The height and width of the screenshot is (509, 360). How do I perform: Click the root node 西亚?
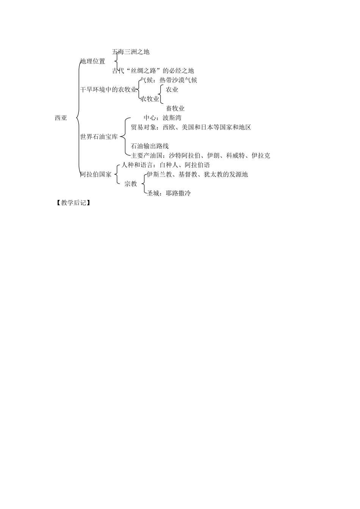point(61,118)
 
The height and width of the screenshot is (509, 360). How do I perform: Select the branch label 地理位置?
point(93,61)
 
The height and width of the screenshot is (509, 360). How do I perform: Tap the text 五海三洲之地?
point(131,52)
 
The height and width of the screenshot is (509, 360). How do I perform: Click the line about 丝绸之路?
point(153,71)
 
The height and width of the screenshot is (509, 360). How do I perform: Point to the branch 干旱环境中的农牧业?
point(108,89)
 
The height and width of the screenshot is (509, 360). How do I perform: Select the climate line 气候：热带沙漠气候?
point(169,80)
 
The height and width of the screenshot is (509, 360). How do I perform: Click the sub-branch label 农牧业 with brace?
point(150,99)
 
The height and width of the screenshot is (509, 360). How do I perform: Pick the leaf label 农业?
point(172,89)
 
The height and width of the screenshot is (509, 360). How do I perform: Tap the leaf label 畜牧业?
point(175,108)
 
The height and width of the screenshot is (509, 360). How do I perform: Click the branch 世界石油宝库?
point(99,137)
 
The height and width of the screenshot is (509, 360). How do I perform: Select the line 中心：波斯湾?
point(162,118)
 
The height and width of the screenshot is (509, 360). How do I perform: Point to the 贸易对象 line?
point(191,127)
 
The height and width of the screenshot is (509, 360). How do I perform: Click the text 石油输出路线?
point(150,146)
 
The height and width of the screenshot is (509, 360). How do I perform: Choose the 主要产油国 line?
point(200,155)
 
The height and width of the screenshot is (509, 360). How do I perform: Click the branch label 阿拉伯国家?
point(96,174)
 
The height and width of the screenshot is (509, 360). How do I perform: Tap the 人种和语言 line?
point(166,165)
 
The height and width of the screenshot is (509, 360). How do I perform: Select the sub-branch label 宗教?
point(130,184)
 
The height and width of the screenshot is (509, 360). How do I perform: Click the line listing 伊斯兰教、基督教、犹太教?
point(197,174)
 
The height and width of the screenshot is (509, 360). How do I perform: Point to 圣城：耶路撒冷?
point(169,193)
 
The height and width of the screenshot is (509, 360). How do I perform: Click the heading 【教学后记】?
point(74,203)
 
